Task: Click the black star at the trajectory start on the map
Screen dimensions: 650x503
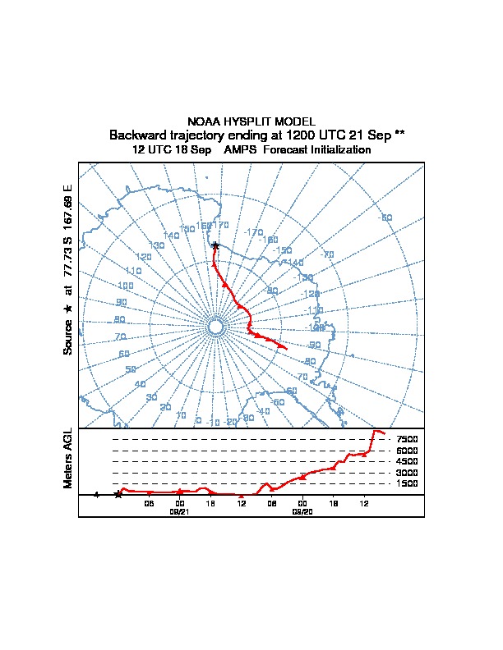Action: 215,245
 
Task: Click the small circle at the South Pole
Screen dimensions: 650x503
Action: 215,327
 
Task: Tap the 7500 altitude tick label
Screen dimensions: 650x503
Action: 408,439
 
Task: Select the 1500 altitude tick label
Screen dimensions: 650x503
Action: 408,484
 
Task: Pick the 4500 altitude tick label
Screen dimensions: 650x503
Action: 408,461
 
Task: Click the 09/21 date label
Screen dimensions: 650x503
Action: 179,511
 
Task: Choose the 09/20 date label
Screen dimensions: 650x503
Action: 302,511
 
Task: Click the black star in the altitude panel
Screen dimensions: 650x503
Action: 118,495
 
